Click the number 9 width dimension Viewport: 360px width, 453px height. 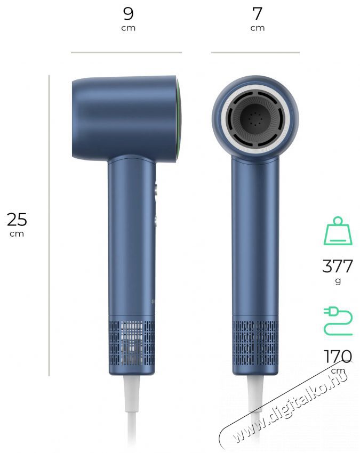(129, 13)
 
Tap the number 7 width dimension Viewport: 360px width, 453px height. (257, 13)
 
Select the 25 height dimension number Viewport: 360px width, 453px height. (17, 220)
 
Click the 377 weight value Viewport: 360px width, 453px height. (338, 266)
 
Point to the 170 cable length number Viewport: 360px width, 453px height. (338, 357)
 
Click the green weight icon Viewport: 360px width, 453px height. (338, 231)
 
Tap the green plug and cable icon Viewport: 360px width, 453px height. (338, 321)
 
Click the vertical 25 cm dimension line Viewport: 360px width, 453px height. (49, 225)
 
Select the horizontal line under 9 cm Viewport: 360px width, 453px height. (126, 53)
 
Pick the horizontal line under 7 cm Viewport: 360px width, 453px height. (255, 53)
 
